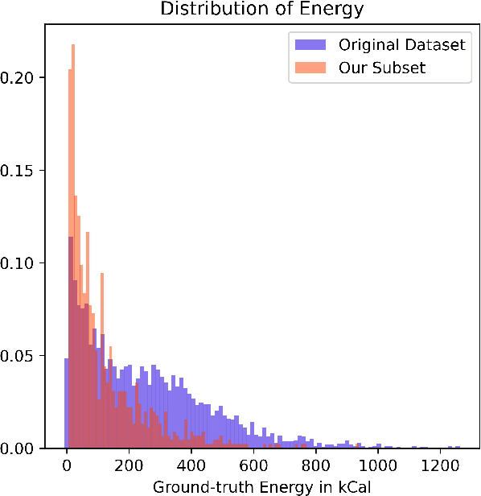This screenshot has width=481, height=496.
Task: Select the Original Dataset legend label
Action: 401,44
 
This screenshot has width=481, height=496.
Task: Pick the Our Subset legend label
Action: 381,68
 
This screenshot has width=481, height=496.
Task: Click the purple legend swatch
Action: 309,44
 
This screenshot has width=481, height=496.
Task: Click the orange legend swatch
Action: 309,68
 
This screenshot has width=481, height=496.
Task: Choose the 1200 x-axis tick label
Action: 440,465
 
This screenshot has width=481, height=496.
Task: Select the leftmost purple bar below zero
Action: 66,403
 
